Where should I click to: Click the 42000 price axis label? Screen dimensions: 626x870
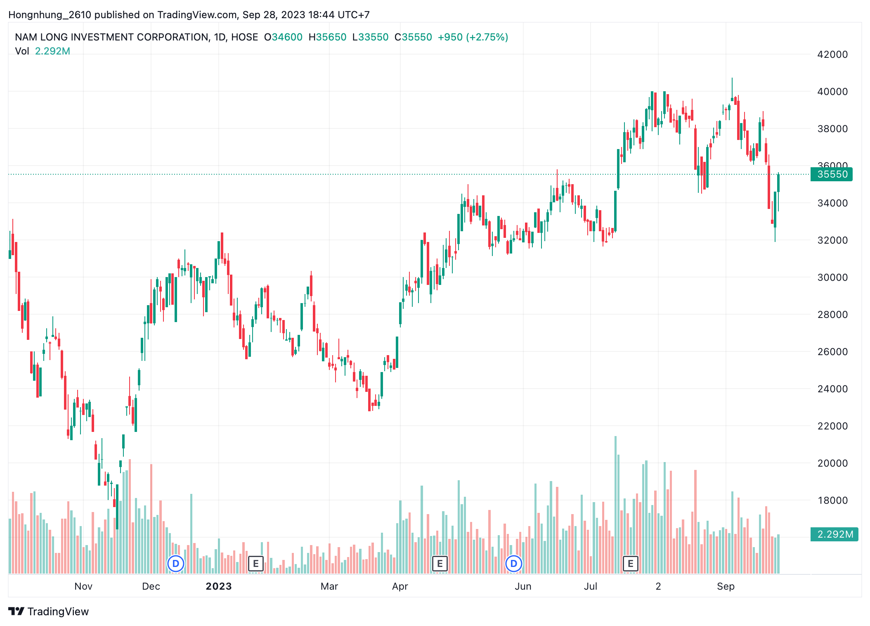point(832,55)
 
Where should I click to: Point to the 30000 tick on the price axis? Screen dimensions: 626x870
point(832,277)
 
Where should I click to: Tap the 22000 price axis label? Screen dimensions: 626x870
point(832,426)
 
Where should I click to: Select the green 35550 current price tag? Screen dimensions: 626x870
point(832,174)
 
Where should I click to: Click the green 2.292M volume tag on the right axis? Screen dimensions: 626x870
point(835,534)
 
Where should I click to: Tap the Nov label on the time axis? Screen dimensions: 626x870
point(83,586)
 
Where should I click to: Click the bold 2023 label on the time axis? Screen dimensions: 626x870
point(219,586)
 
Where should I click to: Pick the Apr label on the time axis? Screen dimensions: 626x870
point(400,586)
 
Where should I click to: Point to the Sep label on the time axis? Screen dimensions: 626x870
point(726,586)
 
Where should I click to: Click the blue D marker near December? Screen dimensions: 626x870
point(176,564)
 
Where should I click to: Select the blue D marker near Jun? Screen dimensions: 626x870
point(514,564)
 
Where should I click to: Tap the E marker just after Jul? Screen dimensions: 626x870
point(630,564)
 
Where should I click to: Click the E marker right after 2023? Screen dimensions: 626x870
point(256,564)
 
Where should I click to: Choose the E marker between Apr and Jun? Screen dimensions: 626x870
point(440,564)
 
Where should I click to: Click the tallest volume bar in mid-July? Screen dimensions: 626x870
point(615,504)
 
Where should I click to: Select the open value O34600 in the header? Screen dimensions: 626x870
point(284,37)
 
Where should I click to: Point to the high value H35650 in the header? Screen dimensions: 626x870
point(328,37)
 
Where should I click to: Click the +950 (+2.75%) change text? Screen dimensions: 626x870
point(473,37)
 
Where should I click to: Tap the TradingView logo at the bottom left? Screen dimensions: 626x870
point(49,612)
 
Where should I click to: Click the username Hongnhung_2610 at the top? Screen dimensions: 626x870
point(50,15)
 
